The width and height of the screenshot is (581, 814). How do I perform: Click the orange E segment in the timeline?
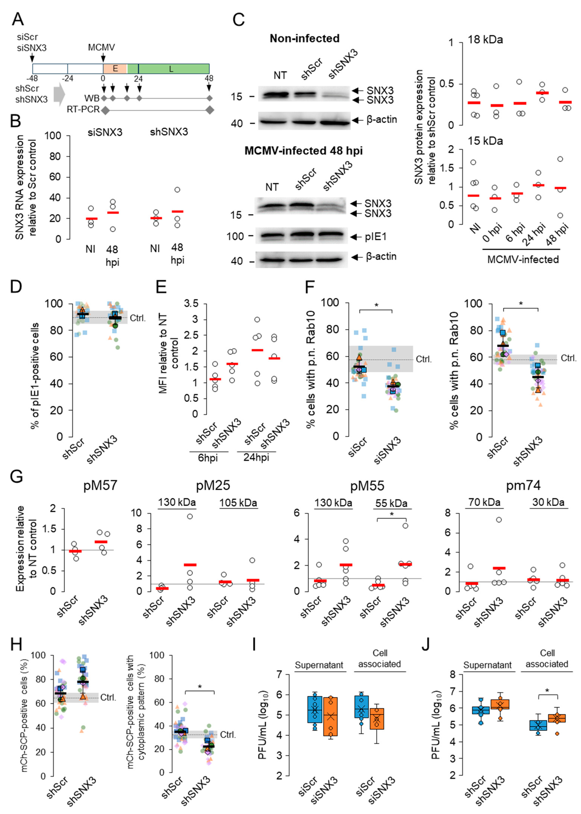coord(115,68)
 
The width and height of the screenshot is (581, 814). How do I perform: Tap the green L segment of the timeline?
coord(171,68)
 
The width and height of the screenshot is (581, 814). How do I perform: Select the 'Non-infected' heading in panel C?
coord(304,38)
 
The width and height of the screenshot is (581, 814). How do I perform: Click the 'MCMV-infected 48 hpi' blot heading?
coord(303,151)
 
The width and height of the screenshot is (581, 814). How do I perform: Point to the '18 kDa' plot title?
coord(485,39)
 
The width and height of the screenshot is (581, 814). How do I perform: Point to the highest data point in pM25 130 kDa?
coord(190,516)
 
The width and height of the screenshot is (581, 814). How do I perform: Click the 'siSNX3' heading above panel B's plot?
coord(105,132)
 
